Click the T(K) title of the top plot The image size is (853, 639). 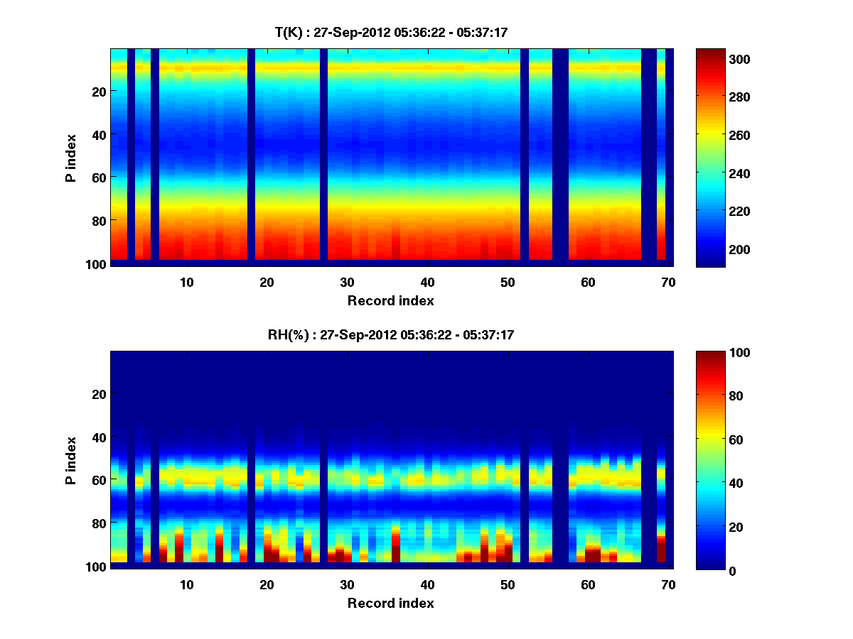(x=391, y=32)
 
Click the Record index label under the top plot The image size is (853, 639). (x=391, y=300)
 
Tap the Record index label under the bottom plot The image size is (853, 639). (x=391, y=603)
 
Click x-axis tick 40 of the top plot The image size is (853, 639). (x=427, y=282)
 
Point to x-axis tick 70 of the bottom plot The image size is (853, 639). (x=668, y=584)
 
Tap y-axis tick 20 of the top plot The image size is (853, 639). (x=99, y=92)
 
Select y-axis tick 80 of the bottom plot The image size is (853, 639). (x=99, y=523)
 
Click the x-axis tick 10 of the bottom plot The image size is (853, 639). (x=186, y=584)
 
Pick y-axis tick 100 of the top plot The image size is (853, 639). (x=96, y=264)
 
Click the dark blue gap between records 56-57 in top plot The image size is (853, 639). (x=560, y=156)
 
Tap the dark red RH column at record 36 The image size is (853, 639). (x=395, y=543)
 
